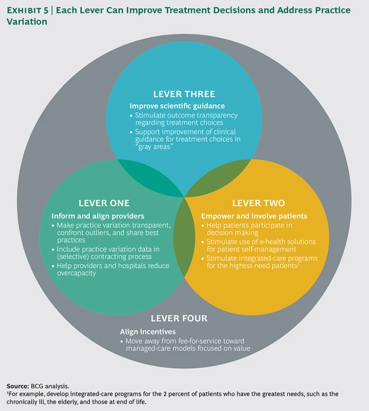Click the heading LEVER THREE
184,94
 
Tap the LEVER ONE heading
104,203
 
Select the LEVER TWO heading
258,203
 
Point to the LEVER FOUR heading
179,318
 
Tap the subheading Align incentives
148,331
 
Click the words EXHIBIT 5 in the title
28,10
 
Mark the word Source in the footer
16,386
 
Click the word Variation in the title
27,22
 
